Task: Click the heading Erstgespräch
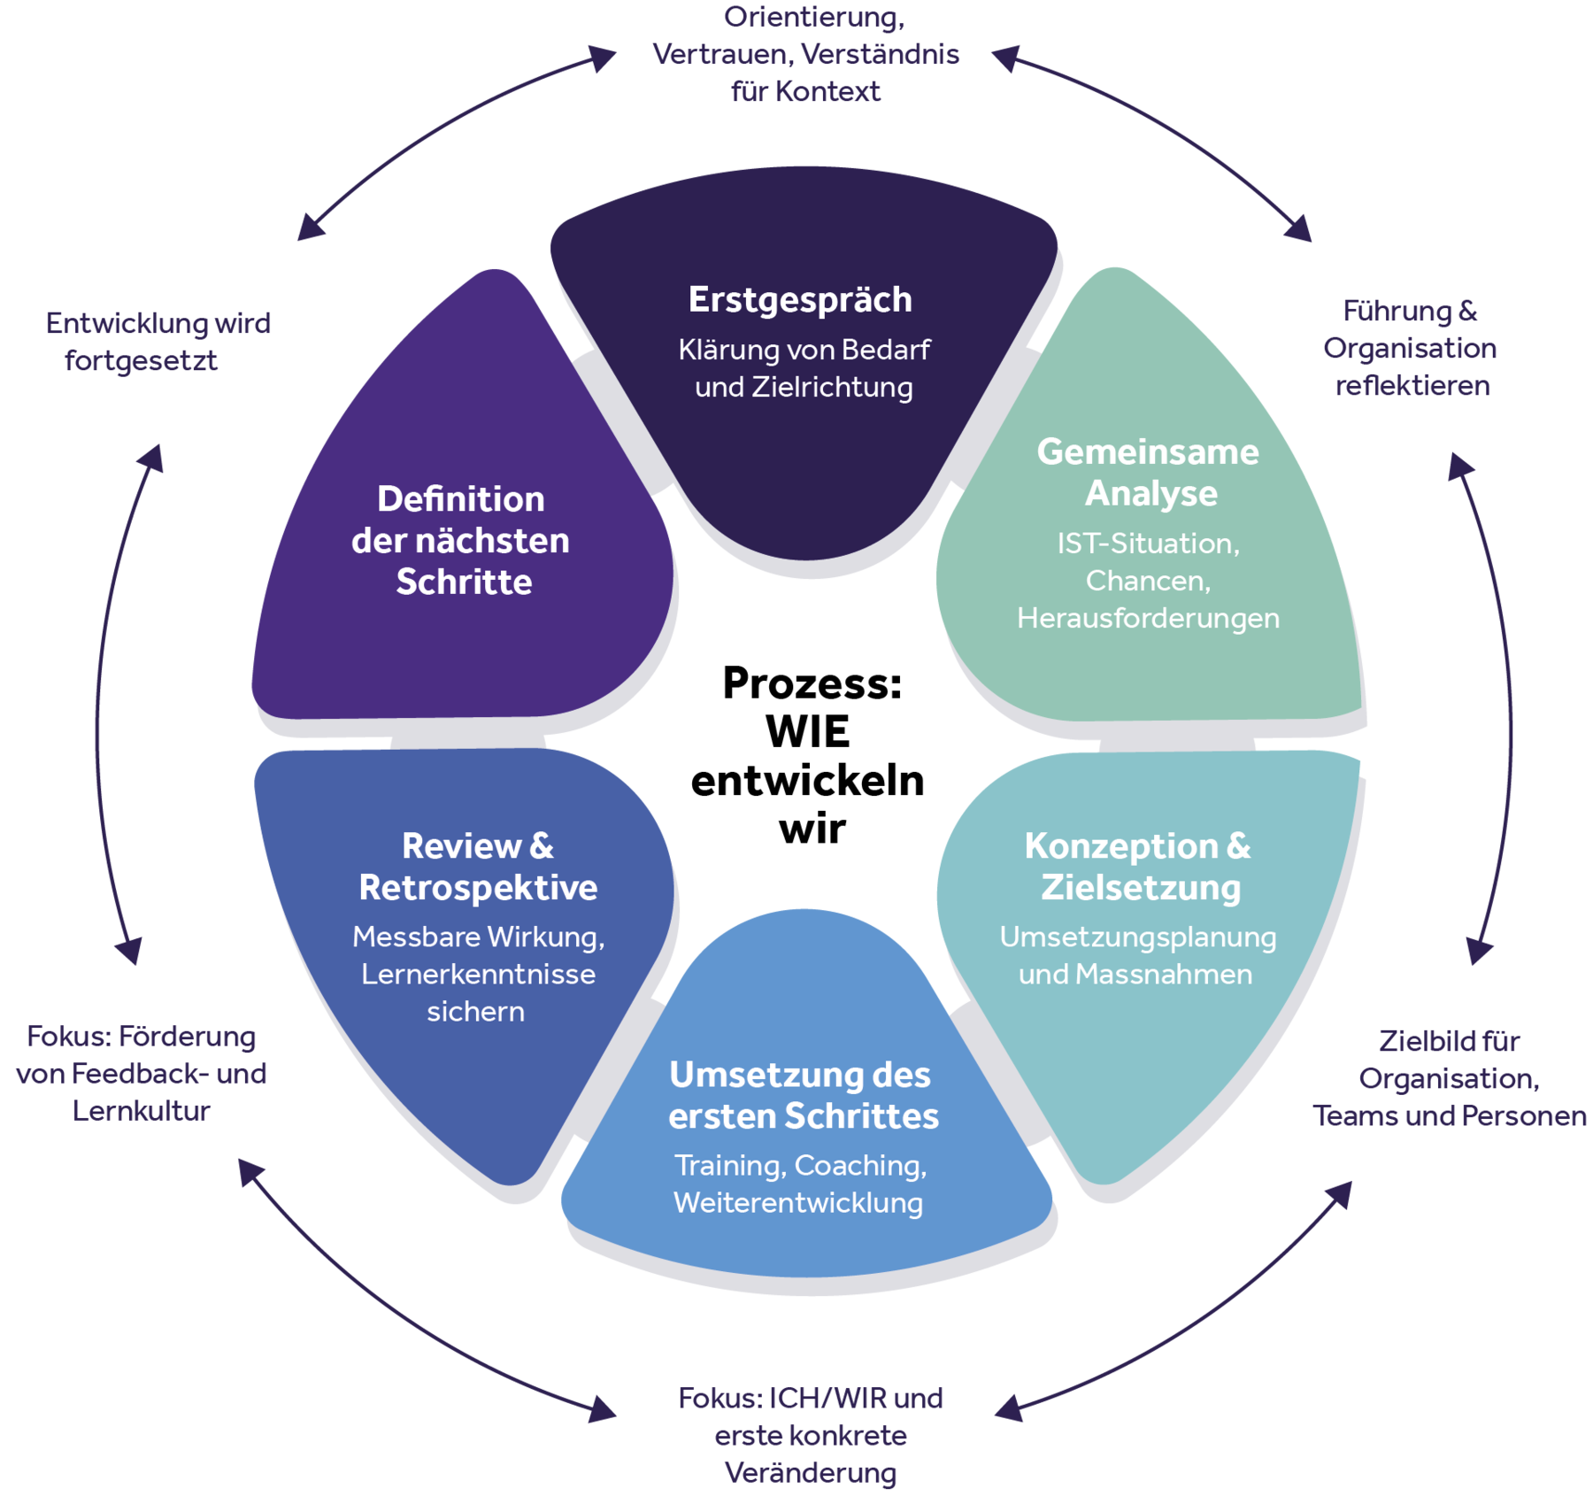(x=800, y=300)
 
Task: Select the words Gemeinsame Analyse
(x=1149, y=472)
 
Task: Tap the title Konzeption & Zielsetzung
(x=1139, y=867)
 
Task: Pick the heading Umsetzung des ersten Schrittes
(x=802, y=1095)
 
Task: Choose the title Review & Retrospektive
(x=478, y=867)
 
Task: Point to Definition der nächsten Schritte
(x=461, y=540)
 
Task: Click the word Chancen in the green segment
(x=1147, y=581)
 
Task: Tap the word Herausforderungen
(x=1148, y=618)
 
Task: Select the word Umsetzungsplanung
(x=1138, y=937)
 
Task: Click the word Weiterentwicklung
(x=798, y=1203)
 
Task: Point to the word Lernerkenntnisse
(x=478, y=975)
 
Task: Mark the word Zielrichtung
(x=832, y=388)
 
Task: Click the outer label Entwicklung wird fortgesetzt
(x=158, y=342)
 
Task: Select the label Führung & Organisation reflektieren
(x=1411, y=349)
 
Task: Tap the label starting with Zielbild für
(x=1449, y=1078)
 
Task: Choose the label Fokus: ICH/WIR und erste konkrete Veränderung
(x=811, y=1435)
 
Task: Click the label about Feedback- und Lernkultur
(x=142, y=1074)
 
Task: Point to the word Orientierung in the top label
(x=812, y=18)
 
